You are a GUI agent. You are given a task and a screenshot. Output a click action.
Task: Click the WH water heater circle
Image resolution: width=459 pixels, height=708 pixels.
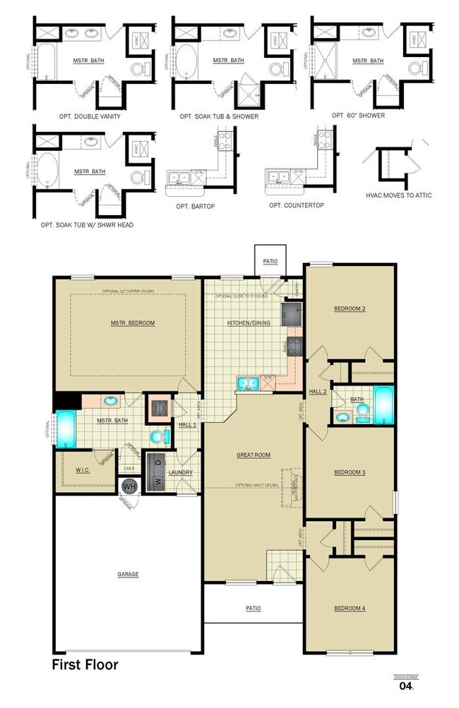click(129, 486)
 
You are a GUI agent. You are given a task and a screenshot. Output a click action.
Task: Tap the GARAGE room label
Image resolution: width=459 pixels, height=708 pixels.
click(128, 574)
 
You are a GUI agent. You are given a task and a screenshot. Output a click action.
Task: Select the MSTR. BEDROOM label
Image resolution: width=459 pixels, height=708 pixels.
click(132, 323)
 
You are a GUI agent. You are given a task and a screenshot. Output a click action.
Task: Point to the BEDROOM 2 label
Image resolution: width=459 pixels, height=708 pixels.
click(350, 309)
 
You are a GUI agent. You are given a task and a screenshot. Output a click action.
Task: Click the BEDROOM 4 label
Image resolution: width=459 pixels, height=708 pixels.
click(349, 608)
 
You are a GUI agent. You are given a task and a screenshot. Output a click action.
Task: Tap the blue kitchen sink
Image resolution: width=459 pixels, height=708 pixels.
click(247, 383)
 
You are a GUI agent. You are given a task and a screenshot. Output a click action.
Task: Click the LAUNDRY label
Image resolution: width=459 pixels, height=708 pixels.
click(175, 472)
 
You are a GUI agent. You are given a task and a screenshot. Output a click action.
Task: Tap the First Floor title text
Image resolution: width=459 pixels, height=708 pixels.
click(85, 664)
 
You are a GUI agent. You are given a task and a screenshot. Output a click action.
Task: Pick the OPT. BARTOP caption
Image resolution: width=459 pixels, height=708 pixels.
click(196, 206)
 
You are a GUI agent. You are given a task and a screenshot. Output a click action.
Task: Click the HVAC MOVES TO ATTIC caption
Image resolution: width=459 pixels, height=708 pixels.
click(399, 195)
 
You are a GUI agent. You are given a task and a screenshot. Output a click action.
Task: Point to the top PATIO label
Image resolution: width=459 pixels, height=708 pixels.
click(270, 262)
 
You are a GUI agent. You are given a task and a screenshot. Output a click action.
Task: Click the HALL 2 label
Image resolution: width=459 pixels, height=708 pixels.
click(318, 391)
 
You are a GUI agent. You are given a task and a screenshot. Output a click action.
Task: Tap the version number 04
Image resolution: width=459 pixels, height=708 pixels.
click(405, 685)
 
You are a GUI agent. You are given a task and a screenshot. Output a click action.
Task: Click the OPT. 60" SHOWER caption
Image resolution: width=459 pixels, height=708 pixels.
click(359, 115)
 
